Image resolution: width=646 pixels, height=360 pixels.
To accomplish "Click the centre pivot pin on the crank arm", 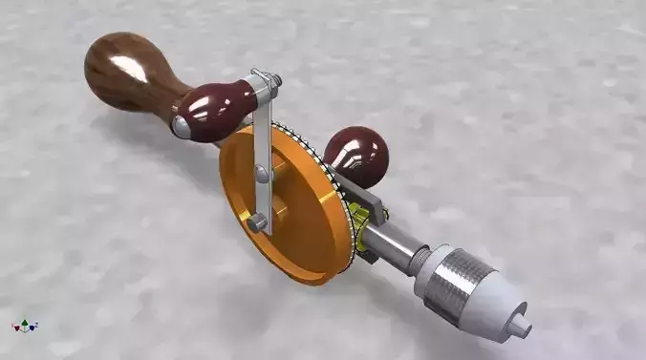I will click(261, 174).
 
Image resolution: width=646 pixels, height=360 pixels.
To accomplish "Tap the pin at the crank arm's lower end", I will click(259, 222).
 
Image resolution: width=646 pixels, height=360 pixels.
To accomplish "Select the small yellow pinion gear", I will click(360, 212).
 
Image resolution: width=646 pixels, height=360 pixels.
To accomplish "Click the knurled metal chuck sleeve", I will click(448, 279).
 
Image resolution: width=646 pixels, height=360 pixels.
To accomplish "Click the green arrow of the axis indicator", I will click(26, 320).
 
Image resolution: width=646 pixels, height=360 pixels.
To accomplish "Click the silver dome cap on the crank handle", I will click(180, 125).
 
